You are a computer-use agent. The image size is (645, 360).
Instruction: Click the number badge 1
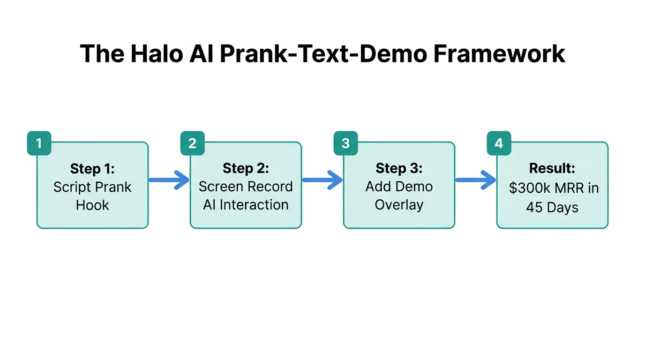point(39,143)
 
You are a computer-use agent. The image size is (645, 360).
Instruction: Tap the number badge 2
point(192,143)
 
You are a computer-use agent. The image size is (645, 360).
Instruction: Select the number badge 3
point(345,143)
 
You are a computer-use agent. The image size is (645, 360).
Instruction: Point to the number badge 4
point(499,143)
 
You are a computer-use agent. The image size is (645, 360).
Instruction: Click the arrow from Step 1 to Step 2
point(169,180)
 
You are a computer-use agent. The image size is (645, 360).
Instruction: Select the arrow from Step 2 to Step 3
point(322,180)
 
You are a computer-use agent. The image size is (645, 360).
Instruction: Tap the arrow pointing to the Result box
point(475,180)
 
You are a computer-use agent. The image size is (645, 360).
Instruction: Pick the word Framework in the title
point(499,54)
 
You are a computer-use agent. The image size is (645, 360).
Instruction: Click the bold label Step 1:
point(92,168)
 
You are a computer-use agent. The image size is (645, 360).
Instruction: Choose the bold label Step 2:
point(246,168)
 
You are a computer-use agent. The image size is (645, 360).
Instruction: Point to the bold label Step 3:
point(399,168)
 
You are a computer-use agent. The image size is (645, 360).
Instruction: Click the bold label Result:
point(552,168)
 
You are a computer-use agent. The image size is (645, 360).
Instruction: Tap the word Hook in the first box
point(92,205)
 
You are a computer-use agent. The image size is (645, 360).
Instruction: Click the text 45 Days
point(552,207)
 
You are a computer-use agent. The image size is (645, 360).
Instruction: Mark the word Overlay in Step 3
point(399,205)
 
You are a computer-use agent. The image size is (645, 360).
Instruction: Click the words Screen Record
point(246,187)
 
